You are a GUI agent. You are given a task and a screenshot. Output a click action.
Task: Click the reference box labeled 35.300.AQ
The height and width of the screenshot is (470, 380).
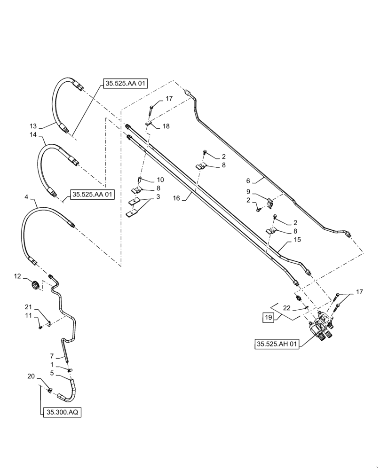pyautogui.click(x=62, y=412)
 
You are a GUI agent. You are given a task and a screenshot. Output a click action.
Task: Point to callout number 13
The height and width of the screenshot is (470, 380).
pyautogui.click(x=33, y=125)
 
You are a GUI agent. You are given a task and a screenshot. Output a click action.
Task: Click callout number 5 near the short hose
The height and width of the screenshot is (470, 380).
pyautogui.click(x=53, y=373)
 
